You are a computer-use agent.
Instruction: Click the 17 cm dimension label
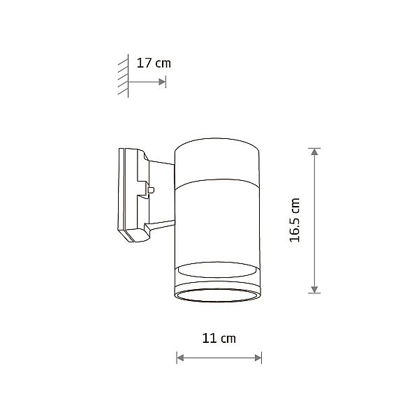154,64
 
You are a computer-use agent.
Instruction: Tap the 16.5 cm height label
295,220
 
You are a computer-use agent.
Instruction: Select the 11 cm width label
219,338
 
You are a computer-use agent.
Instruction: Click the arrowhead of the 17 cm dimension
162,82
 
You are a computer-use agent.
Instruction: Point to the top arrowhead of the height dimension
314,152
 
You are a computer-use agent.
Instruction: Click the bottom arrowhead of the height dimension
314,289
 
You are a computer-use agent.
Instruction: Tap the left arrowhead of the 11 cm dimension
180,358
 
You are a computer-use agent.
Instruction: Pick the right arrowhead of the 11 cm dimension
258,358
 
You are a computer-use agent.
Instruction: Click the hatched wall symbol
123,75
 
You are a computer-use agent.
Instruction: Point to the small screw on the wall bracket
151,190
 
